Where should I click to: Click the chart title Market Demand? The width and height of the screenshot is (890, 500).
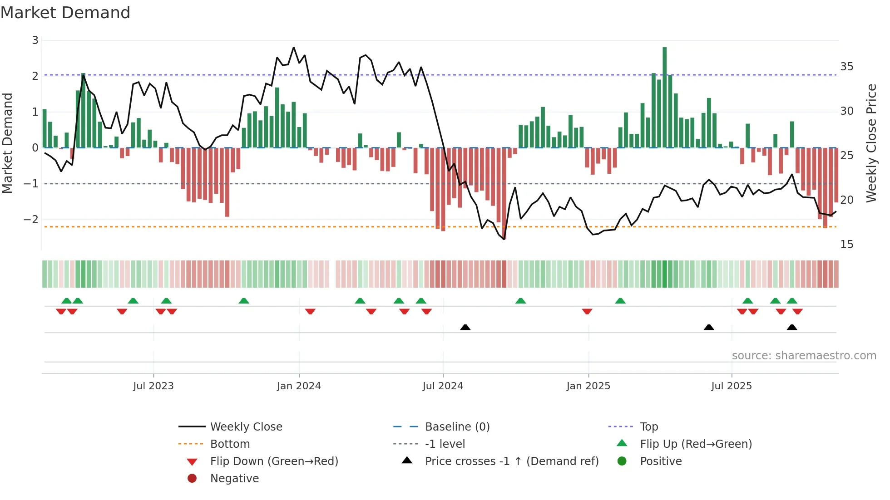(x=65, y=13)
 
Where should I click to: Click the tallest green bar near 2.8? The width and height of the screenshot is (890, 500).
(x=664, y=98)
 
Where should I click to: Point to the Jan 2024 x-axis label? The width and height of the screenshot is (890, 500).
(x=299, y=386)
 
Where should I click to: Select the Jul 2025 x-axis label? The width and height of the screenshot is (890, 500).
(x=732, y=386)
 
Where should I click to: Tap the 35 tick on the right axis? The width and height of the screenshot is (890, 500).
(x=846, y=67)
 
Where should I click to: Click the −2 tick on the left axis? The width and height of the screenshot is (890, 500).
(x=31, y=220)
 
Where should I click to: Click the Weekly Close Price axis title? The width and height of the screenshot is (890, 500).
(x=871, y=143)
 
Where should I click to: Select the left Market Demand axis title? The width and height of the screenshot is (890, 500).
(x=8, y=143)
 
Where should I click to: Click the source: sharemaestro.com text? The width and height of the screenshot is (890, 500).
(x=804, y=356)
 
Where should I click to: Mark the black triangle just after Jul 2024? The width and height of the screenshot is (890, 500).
(x=465, y=327)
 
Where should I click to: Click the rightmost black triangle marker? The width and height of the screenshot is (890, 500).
(x=792, y=327)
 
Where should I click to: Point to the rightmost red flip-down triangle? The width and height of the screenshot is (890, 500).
(x=797, y=311)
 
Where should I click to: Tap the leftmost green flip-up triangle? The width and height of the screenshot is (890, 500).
(x=66, y=301)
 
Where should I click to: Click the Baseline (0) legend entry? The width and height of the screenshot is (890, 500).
(x=457, y=427)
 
